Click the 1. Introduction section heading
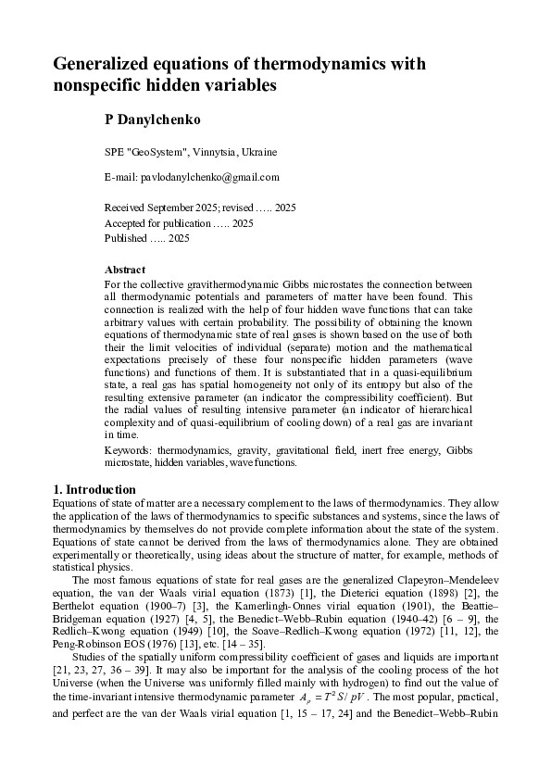94,489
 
